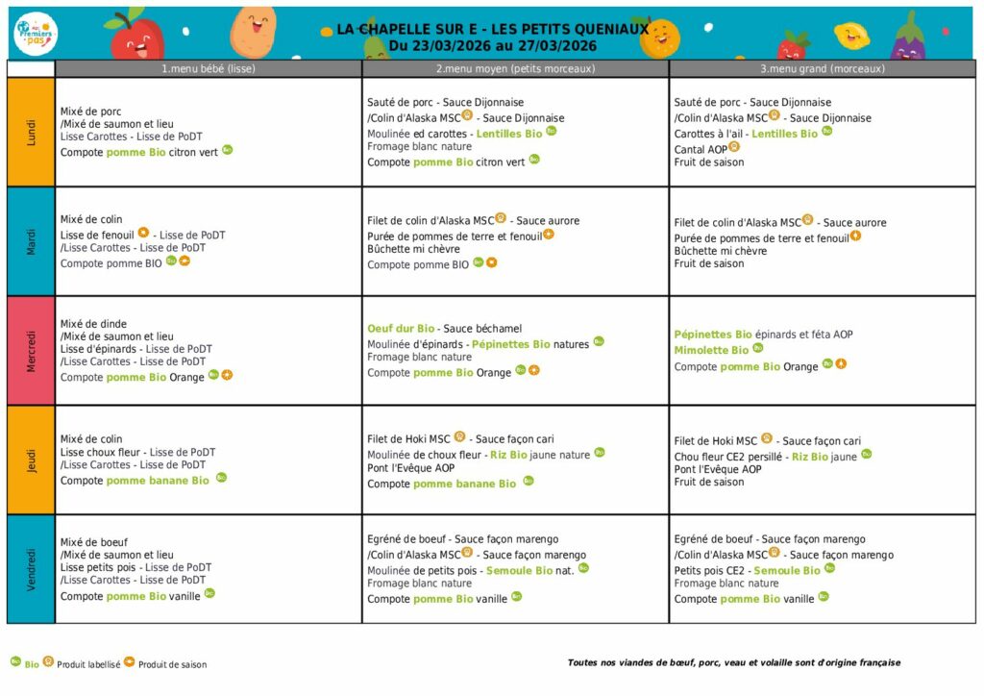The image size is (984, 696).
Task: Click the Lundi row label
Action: (31, 132)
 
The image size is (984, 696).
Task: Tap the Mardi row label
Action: (31, 241)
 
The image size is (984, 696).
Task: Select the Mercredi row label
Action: (31, 351)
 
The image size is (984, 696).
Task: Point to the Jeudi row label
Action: (31, 460)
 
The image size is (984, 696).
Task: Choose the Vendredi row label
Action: (31, 569)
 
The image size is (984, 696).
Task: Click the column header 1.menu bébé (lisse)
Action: (209, 68)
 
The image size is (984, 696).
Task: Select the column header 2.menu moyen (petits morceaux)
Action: (515, 68)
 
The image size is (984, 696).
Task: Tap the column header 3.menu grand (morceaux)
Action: (823, 68)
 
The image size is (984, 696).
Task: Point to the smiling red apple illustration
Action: (136, 37)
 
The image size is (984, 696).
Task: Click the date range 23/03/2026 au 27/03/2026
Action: (493, 45)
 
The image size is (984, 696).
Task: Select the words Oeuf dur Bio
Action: (401, 329)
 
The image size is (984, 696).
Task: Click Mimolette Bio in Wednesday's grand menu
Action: (711, 351)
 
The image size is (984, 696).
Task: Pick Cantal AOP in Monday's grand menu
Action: (701, 149)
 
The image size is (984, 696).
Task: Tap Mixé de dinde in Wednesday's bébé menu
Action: (93, 324)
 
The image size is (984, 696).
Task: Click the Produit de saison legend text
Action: (172, 664)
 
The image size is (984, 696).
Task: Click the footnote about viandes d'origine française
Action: (734, 662)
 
